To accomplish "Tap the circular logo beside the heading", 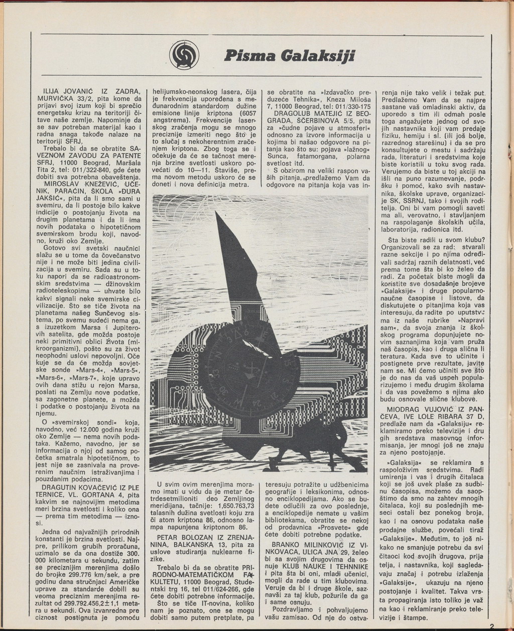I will point(184,55).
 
